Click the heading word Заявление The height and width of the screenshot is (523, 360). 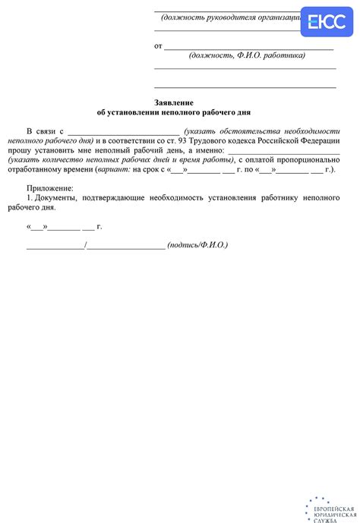point(174,102)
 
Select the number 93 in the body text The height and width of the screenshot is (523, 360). point(213,140)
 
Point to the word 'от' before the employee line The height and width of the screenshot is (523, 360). point(159,46)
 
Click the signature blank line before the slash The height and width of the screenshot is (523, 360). point(55,245)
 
